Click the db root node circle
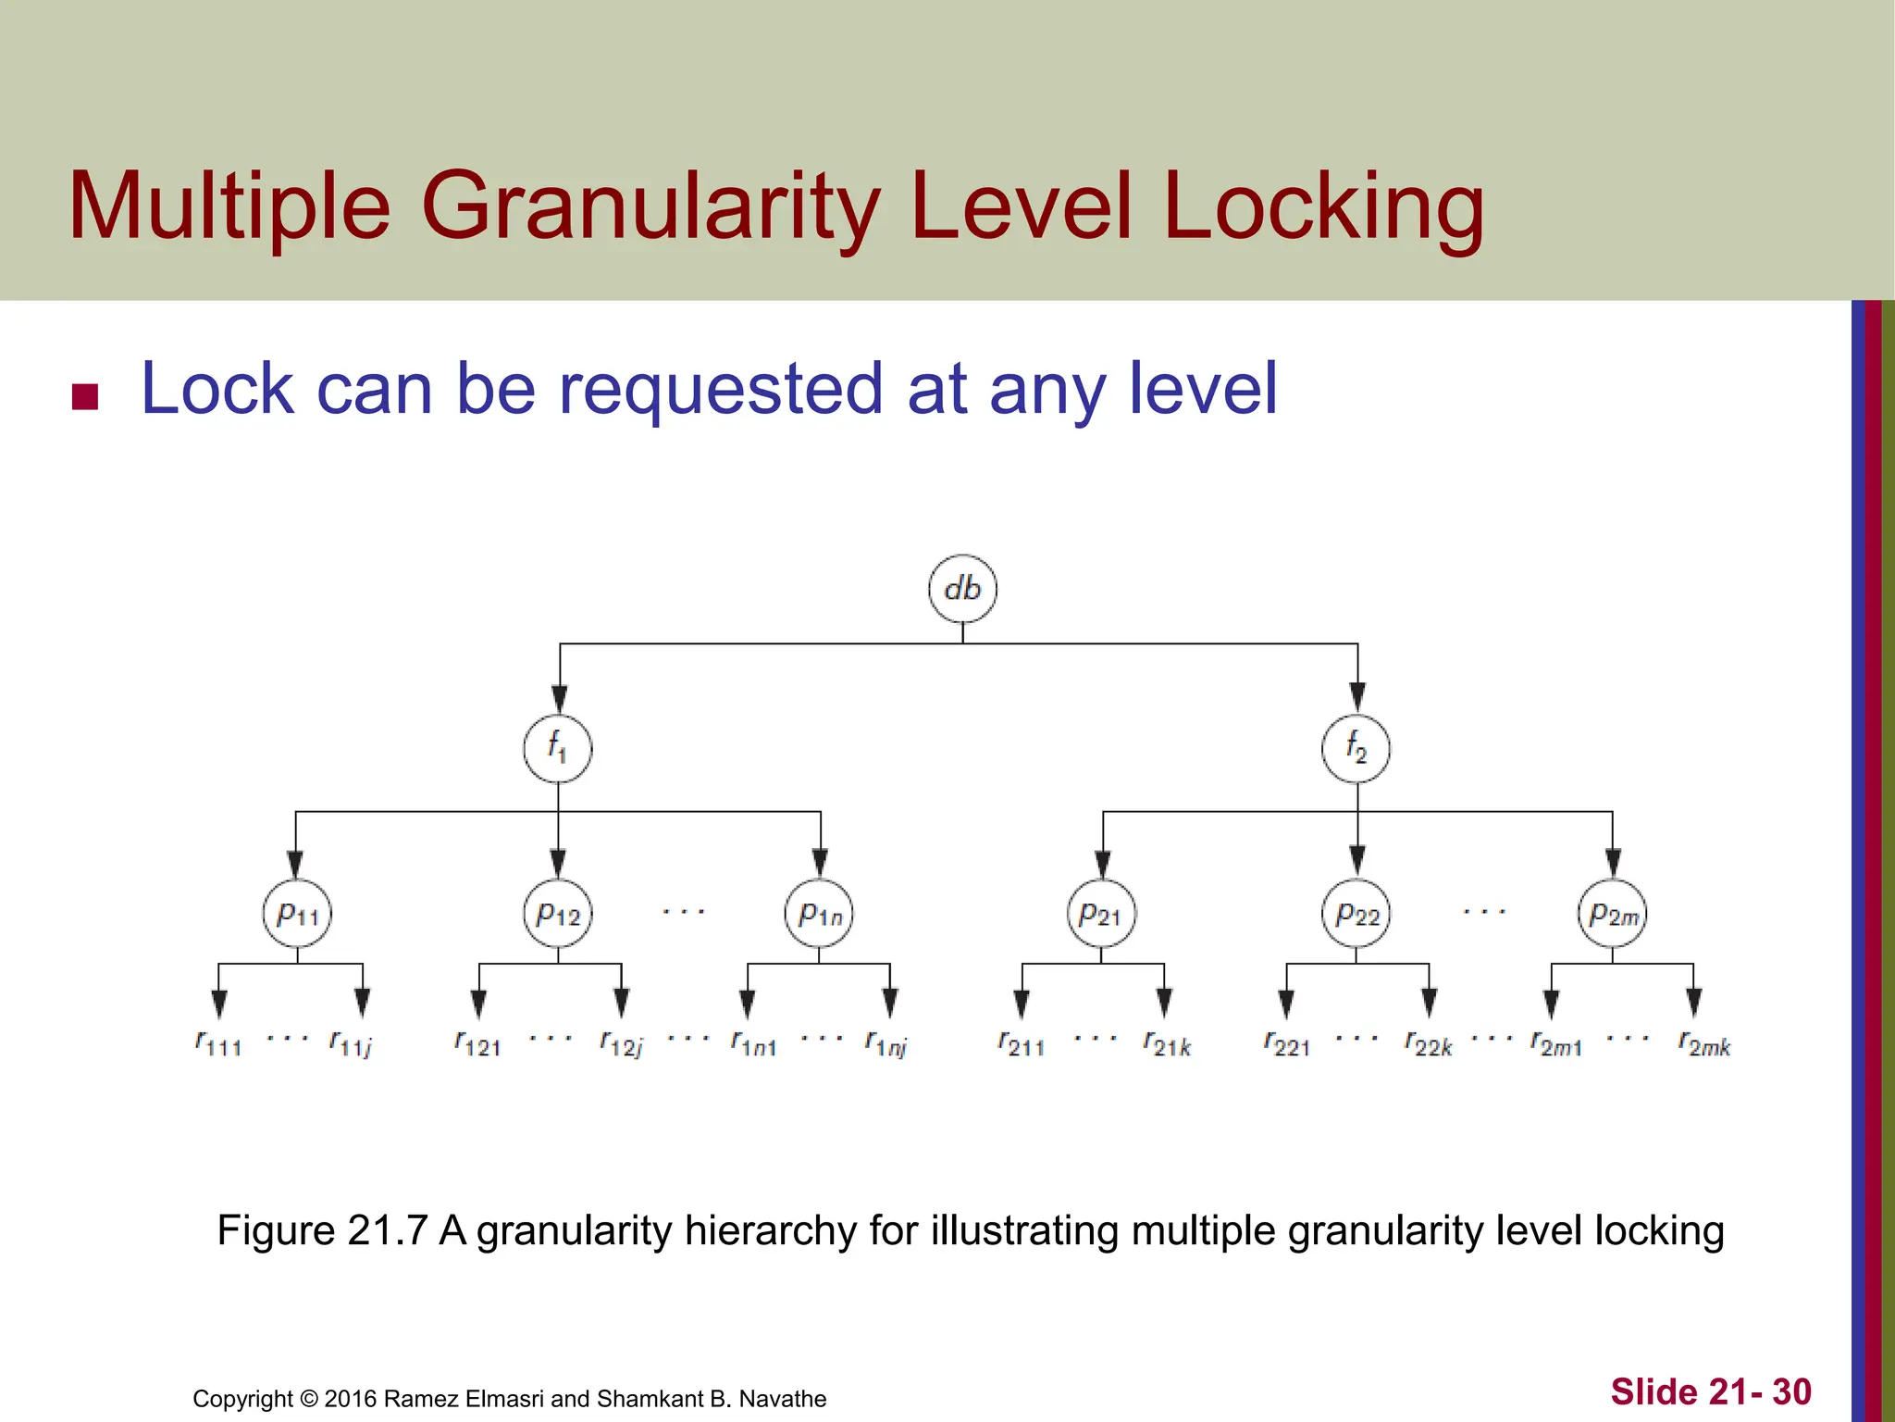coord(962,589)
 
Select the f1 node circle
coord(558,749)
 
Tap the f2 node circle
coord(1356,749)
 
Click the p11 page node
coord(297,914)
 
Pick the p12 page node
coord(558,914)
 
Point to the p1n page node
coord(819,914)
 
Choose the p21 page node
coord(1101,914)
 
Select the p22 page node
coord(1356,914)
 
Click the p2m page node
coord(1612,914)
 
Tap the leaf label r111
coord(218,1044)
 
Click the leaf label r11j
coord(351,1044)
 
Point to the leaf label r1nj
coord(886,1044)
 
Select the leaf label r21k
coord(1167,1044)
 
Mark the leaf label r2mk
coord(1704,1044)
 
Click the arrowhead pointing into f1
coord(559,699)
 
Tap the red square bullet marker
coord(85,396)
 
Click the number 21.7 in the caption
coord(388,1230)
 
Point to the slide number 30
coord(1791,1391)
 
